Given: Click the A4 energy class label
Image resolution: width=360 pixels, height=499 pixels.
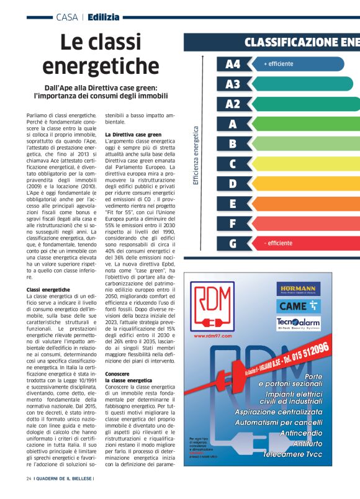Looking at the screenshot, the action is (233, 64).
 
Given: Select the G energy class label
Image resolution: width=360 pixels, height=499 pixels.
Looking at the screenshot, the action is (233, 243).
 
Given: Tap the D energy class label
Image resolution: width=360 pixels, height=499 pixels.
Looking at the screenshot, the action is (233, 184).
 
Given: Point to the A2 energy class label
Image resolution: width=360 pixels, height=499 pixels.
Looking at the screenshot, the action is (233, 104).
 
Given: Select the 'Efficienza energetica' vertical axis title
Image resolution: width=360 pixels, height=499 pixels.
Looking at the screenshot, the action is (196, 155).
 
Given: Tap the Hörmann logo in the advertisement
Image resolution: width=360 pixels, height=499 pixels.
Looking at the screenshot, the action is (299, 289).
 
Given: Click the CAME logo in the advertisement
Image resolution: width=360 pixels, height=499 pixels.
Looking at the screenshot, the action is (299, 305).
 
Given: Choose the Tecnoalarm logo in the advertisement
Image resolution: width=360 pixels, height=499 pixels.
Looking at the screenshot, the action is (299, 323).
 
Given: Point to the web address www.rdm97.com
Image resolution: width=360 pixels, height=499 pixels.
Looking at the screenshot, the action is (213, 335).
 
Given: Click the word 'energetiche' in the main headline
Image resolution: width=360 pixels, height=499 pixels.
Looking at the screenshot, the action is (100, 65).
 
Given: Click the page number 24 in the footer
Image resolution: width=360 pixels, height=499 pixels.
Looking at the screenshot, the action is (29, 496).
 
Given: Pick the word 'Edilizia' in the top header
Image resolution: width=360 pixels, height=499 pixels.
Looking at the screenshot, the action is (104, 17).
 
